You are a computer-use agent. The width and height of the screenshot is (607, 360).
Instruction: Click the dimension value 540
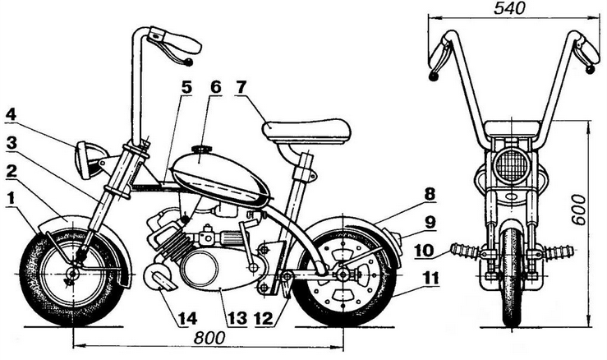[x=510, y=9]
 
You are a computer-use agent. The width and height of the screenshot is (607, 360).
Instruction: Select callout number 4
[x=11, y=113]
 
